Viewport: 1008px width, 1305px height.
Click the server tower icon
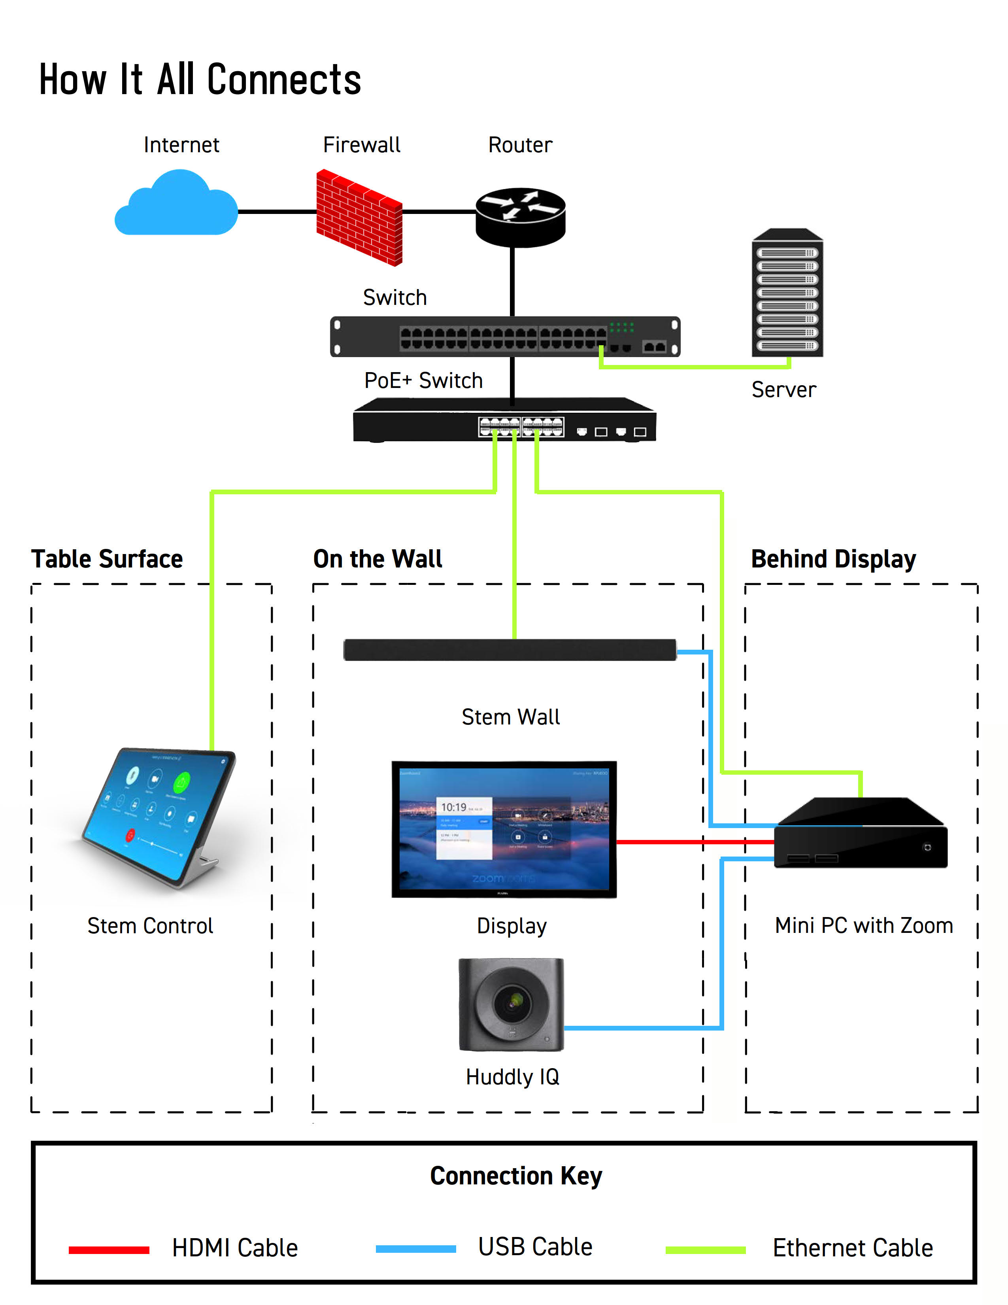[x=787, y=294]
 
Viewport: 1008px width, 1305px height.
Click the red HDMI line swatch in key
[x=109, y=1250]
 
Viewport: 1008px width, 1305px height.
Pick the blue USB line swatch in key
[x=415, y=1249]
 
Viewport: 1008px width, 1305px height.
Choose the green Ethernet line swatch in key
[x=705, y=1250]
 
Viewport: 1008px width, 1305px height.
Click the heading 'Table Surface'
[x=107, y=559]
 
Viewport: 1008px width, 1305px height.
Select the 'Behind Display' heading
[x=833, y=559]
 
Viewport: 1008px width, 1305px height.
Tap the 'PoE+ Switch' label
[x=423, y=380]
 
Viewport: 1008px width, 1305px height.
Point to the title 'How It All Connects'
[x=200, y=79]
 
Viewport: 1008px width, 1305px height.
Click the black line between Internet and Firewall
[x=276, y=212]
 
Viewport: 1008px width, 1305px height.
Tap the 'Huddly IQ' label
[x=512, y=1077]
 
